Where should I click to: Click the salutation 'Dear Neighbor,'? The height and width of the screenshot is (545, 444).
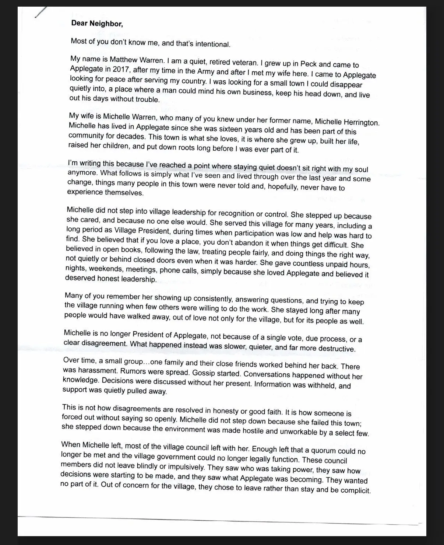(97, 24)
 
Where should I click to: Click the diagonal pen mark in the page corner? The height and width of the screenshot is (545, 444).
(40, 12)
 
